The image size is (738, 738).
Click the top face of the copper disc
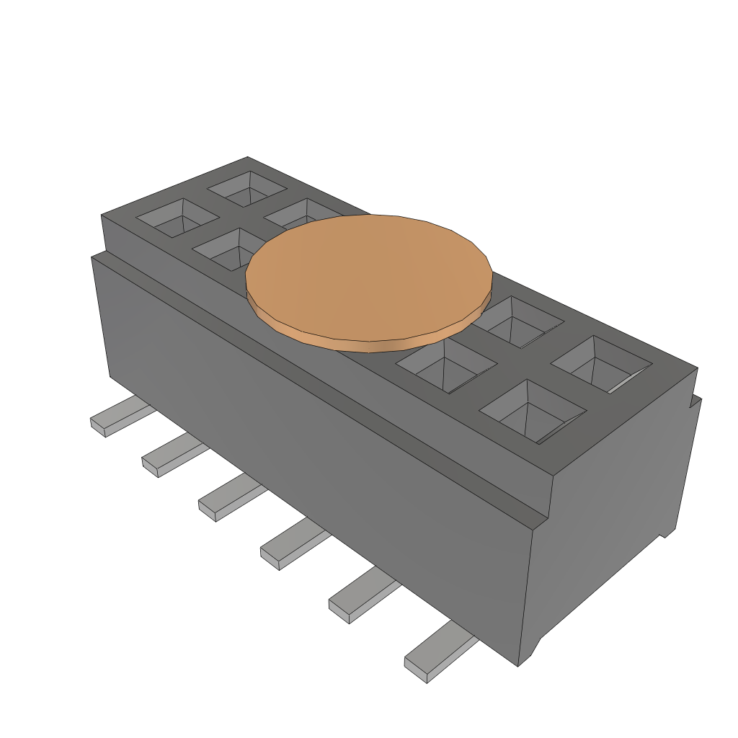369,274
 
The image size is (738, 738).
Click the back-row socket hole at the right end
601,365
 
